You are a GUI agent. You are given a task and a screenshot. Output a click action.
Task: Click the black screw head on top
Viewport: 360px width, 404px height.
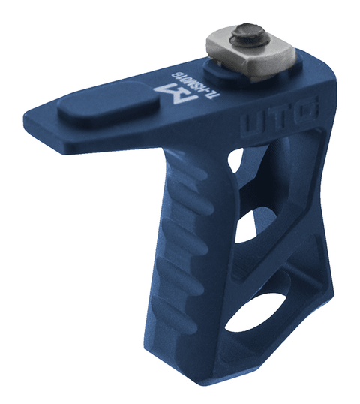point(247,35)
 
